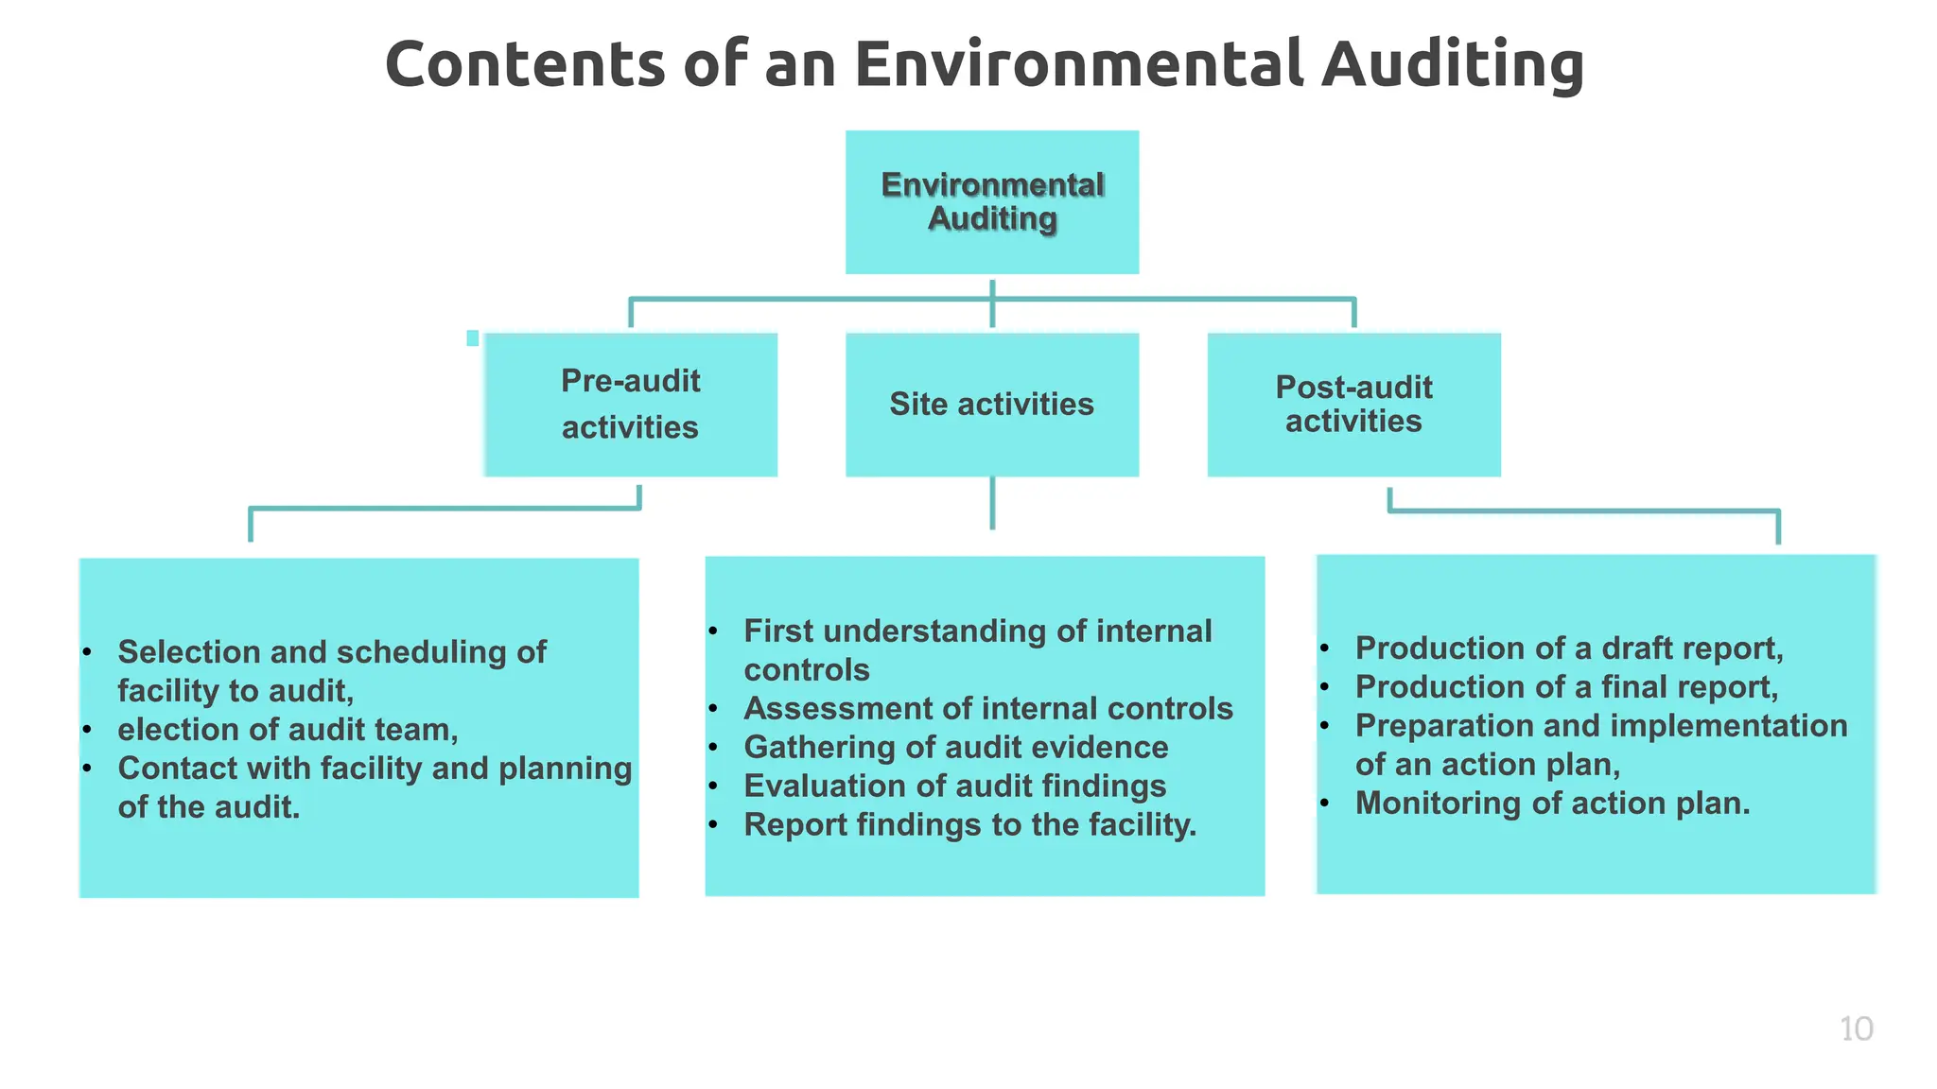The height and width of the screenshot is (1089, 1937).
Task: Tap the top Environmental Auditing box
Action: coord(991,202)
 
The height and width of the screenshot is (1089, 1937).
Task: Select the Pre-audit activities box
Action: coord(630,405)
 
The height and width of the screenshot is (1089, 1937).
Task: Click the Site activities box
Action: coord(991,405)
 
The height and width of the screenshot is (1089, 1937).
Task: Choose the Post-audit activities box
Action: coord(1353,405)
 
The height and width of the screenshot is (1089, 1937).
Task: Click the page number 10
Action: coord(1856,1028)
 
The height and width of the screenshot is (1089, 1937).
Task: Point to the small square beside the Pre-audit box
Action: coord(473,338)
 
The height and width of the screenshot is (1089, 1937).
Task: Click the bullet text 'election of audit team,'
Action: coord(288,730)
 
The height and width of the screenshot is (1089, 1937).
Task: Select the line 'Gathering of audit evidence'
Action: coord(955,747)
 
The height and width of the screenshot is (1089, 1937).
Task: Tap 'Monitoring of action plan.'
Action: coord(1552,803)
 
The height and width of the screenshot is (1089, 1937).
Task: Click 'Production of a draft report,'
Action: coord(1568,648)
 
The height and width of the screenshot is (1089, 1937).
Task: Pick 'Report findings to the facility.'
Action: coord(969,824)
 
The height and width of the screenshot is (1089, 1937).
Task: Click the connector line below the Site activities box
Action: coord(992,503)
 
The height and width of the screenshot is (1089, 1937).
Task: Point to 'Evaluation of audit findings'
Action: coord(954,786)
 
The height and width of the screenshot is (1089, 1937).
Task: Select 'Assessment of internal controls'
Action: coord(987,708)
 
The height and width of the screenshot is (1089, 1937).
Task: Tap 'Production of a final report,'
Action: coord(1566,687)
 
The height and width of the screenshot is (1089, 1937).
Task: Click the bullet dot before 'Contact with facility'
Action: coord(86,768)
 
